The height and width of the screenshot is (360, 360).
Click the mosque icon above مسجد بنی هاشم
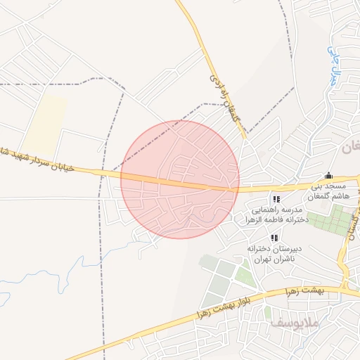(x=328, y=176)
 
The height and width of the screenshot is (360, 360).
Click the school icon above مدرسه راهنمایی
(x=276, y=199)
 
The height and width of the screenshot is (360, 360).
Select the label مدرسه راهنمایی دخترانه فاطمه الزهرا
(x=276, y=215)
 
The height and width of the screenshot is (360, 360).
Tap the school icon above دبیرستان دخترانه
(x=274, y=238)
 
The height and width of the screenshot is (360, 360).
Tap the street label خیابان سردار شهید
(x=42, y=163)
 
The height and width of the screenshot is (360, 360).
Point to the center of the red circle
(x=180, y=179)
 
